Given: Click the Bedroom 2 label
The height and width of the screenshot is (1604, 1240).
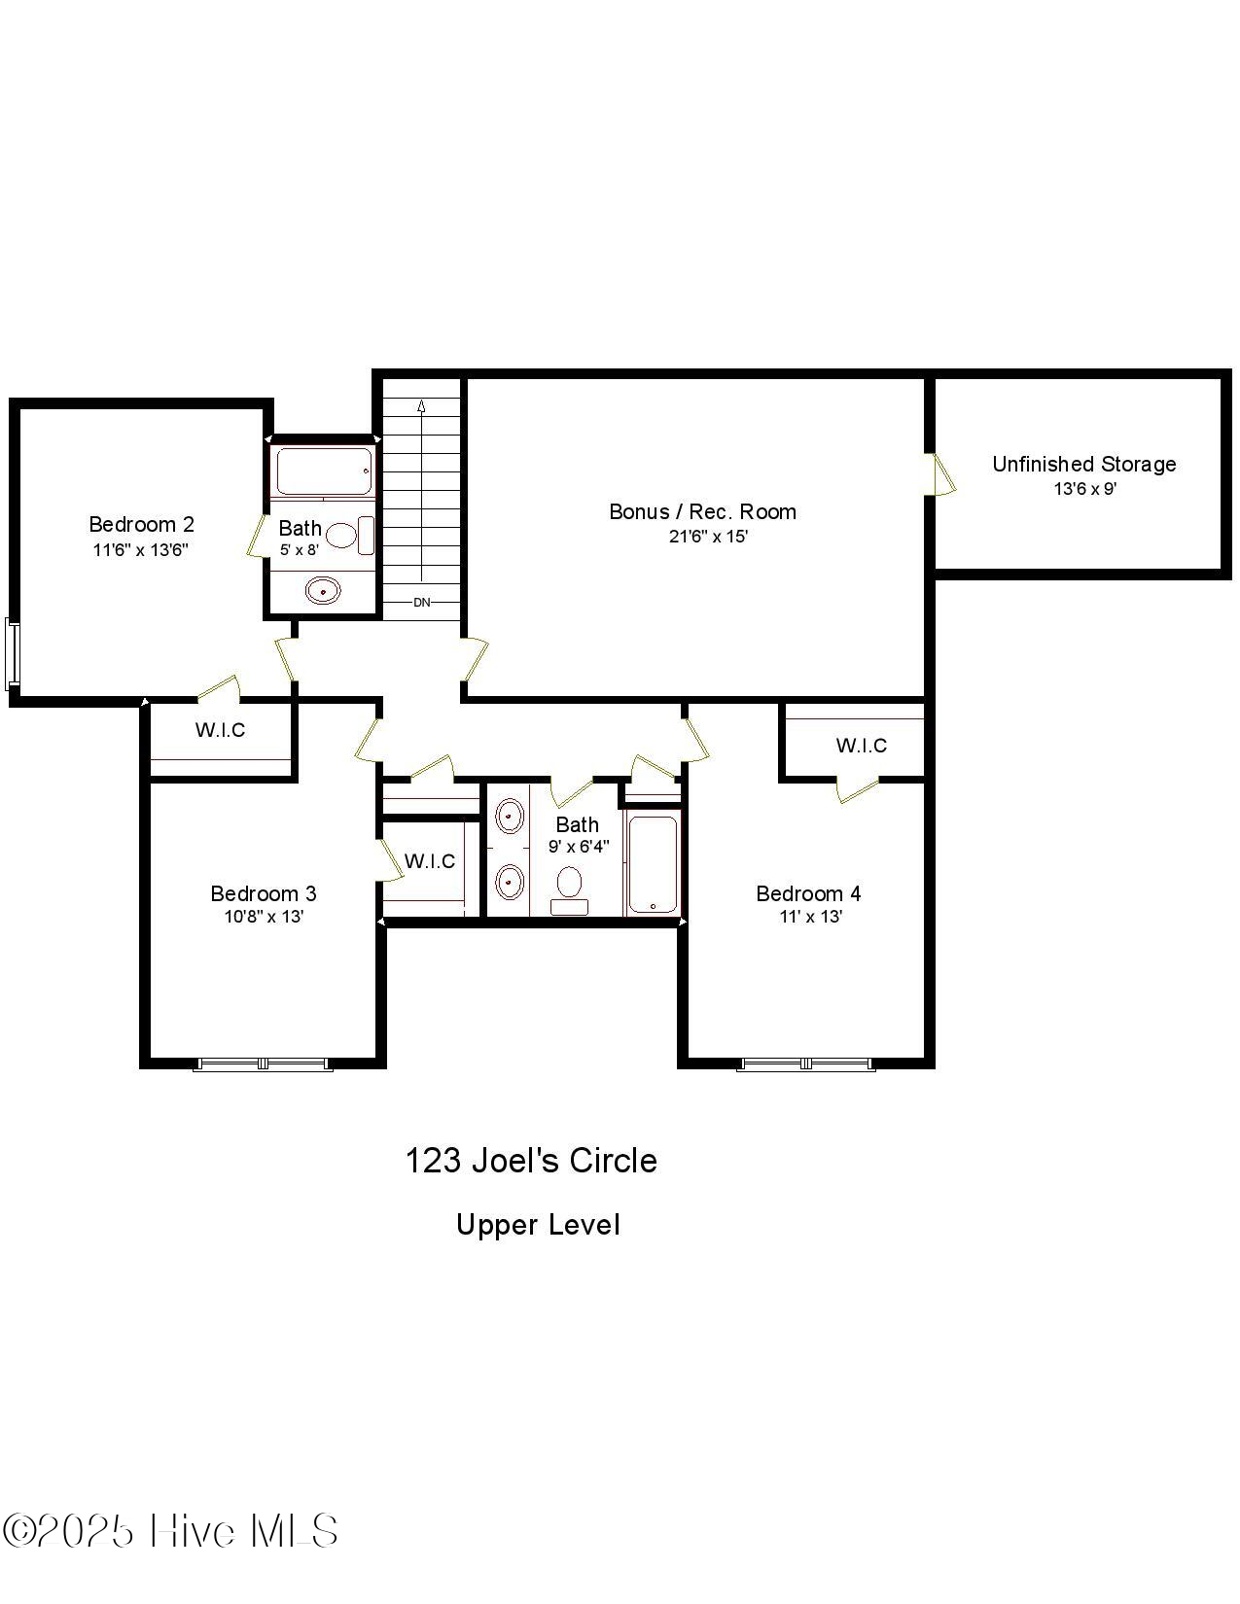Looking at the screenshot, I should pyautogui.click(x=141, y=525).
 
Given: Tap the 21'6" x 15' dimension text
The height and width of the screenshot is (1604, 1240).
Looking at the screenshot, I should pyautogui.click(x=708, y=537).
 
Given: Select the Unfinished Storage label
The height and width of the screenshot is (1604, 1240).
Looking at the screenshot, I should pyautogui.click(x=1083, y=465).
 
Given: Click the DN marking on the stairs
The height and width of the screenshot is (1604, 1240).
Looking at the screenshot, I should pyautogui.click(x=421, y=603).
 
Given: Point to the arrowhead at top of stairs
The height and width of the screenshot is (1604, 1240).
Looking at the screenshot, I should pyautogui.click(x=421, y=406).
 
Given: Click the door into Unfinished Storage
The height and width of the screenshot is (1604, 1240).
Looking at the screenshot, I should pyautogui.click(x=940, y=475).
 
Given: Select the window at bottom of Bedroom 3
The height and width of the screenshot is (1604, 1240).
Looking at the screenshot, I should pyautogui.click(x=264, y=1064).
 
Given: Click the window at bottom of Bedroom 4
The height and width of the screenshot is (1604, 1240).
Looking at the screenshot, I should pyautogui.click(x=805, y=1064).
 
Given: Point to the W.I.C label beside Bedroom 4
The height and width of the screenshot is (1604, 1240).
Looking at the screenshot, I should pyautogui.click(x=861, y=746).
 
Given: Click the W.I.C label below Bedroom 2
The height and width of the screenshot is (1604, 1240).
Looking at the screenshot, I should pyautogui.click(x=220, y=730).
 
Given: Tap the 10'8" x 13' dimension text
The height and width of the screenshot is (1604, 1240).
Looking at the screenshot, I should pyautogui.click(x=264, y=917).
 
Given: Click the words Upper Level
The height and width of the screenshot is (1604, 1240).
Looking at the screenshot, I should pyautogui.click(x=538, y=1225).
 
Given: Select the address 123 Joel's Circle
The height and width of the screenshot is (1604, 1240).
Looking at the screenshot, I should pyautogui.click(x=531, y=1161).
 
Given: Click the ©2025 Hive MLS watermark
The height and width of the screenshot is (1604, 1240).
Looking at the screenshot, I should pyautogui.click(x=170, y=1531).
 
